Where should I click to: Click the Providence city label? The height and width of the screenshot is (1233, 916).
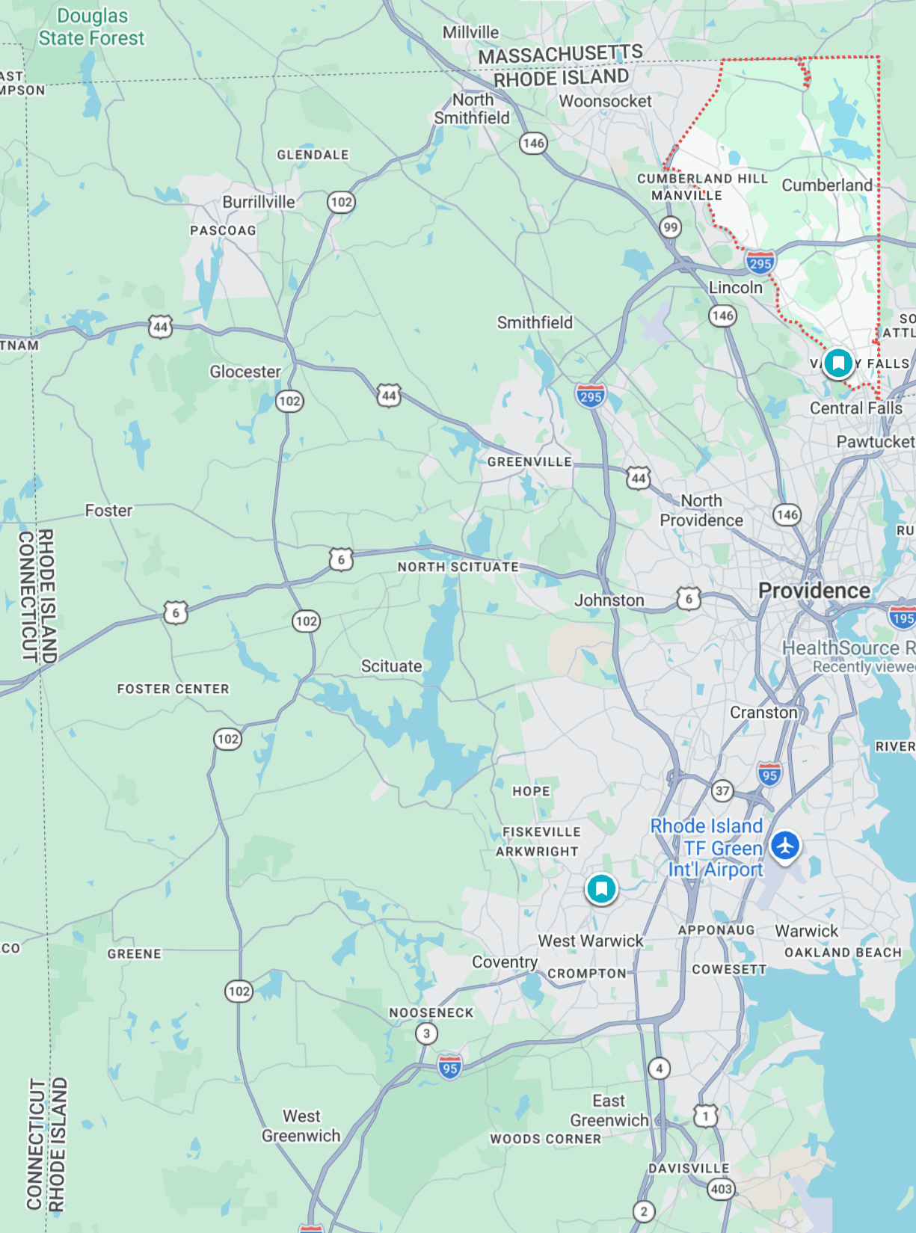pos(814,591)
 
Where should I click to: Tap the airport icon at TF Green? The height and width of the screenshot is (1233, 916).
pos(785,846)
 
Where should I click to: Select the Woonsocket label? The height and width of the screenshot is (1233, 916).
pos(605,101)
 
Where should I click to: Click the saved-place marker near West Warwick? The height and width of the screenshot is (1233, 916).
pos(601,888)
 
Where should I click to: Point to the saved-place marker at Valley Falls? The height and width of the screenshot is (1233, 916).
pos(838,363)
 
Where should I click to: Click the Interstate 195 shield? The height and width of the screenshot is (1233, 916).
pos(903,618)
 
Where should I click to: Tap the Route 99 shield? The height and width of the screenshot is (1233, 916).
pos(670,227)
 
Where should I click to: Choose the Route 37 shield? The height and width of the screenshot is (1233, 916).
pos(722,790)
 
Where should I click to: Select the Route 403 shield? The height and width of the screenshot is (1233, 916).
pos(721,1189)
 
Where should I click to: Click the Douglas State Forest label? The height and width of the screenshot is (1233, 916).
pos(92,27)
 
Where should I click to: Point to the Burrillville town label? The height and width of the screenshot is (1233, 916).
pos(259,202)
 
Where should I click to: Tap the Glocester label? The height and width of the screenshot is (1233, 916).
pos(245,372)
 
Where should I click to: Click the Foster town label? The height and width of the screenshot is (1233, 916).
pos(108,511)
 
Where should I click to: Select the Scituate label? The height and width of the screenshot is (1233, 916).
pos(391,666)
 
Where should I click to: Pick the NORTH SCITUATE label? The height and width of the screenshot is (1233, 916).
pos(458,567)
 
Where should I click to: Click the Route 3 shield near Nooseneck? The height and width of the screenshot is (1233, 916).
pos(426,1033)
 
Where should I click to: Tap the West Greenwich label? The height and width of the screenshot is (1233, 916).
pos(301,1125)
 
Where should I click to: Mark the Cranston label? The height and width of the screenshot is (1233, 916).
pos(763,713)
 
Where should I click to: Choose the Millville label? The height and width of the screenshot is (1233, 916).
pos(470,32)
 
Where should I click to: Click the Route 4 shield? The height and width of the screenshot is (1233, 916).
pos(659,1068)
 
